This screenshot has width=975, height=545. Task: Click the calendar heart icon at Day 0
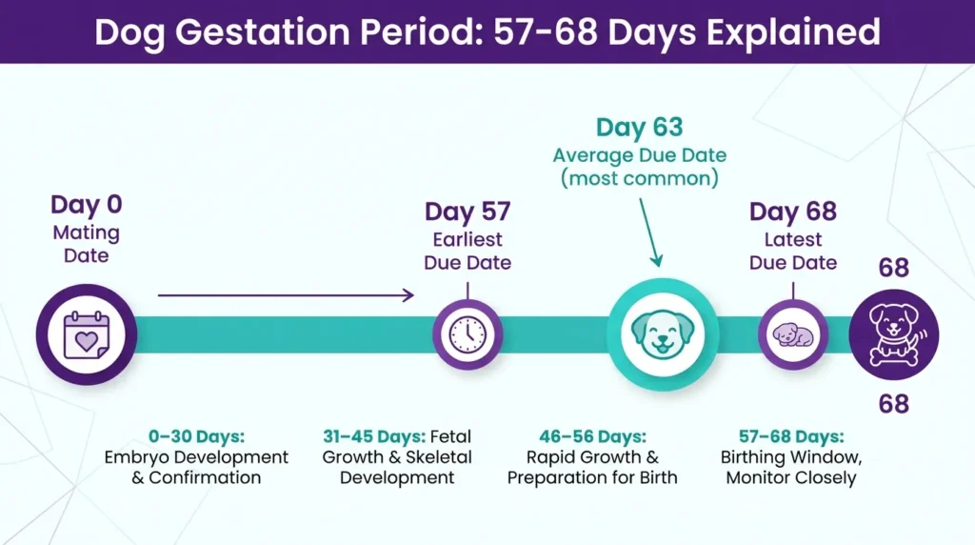click(87, 334)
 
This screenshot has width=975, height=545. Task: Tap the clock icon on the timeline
click(468, 334)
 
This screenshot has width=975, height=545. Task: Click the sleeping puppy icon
click(793, 334)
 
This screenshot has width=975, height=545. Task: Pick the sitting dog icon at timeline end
click(893, 334)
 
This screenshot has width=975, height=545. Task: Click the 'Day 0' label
click(87, 205)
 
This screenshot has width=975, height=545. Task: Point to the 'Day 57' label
click(468, 212)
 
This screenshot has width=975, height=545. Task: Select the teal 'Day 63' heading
click(640, 128)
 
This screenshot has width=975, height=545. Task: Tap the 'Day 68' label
click(793, 212)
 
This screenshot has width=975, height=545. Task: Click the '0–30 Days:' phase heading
click(196, 436)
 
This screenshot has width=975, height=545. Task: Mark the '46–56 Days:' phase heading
click(592, 436)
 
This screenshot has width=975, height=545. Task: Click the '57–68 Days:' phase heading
click(784, 436)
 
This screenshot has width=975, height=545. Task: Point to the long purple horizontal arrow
click(286, 295)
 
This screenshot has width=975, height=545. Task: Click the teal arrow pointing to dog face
click(649, 229)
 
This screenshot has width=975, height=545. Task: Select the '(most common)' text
click(640, 177)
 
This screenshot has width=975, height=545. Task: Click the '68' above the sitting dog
click(893, 269)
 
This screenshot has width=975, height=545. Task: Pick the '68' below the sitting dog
click(893, 404)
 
